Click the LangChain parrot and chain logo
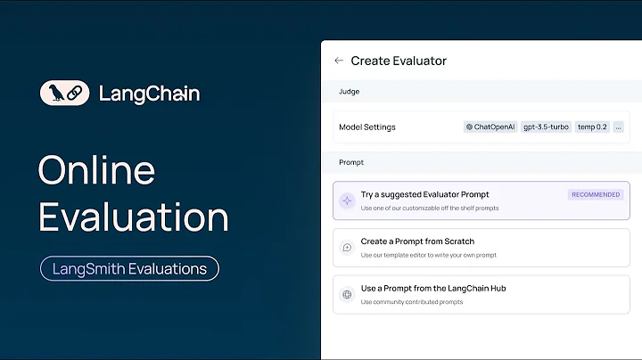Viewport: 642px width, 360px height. point(64,94)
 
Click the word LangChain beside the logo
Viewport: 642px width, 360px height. point(149,94)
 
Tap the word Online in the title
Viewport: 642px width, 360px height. point(96,170)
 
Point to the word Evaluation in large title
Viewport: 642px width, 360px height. point(133,217)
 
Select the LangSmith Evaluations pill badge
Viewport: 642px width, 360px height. point(129,268)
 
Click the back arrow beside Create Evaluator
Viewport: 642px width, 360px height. point(339,61)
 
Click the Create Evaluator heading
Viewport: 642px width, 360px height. point(399,61)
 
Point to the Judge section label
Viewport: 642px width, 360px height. point(349,91)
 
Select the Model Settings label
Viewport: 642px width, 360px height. point(366,127)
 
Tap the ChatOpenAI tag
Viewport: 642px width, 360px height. point(490,127)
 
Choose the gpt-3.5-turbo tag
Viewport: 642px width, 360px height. point(545,127)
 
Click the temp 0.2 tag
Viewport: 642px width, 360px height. point(592,127)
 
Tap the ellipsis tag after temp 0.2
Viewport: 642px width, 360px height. point(618,127)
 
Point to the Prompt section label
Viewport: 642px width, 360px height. point(351,163)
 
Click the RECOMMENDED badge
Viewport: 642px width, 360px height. point(596,194)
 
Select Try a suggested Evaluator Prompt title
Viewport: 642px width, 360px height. point(424,194)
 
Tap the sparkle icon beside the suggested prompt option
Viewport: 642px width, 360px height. point(347,200)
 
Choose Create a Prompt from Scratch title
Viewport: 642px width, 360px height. point(417,241)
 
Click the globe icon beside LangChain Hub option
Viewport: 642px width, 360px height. point(347,294)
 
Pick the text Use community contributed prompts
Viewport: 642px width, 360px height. point(412,302)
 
